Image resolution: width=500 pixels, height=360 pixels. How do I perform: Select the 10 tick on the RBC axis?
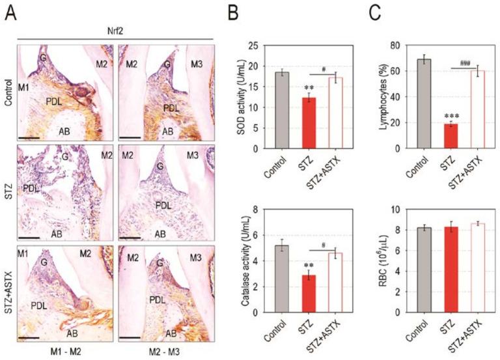pos(398,210)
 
